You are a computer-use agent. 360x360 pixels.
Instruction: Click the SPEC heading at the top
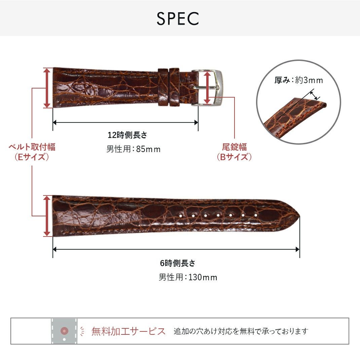(x=178, y=19)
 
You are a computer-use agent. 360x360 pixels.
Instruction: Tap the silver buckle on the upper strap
(x=207, y=88)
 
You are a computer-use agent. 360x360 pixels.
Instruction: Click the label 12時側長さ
(x=128, y=135)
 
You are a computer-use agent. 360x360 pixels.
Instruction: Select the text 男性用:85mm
(x=133, y=149)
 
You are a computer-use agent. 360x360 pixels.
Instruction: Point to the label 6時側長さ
(x=177, y=263)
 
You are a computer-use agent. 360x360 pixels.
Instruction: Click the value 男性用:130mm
(x=188, y=277)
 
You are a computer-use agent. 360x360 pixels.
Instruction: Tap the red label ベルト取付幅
(x=32, y=147)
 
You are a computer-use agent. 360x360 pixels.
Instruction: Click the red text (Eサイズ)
(x=32, y=157)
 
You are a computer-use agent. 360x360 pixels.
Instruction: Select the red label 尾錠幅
(x=235, y=147)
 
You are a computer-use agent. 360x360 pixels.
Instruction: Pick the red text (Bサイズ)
(x=235, y=157)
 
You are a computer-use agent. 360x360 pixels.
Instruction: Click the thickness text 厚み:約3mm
(x=299, y=80)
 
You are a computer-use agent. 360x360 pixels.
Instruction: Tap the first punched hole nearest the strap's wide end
(x=181, y=216)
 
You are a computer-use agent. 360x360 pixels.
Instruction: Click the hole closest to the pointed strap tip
(x=256, y=215)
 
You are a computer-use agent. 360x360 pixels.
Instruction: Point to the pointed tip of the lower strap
(x=300, y=216)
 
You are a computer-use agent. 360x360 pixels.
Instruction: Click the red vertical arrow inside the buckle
(x=207, y=88)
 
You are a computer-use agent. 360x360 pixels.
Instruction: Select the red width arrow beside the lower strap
(x=47, y=216)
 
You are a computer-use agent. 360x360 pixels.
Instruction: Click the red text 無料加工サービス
(x=128, y=331)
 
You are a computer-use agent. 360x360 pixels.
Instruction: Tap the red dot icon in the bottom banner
(x=64, y=331)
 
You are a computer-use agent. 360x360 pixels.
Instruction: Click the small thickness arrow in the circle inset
(x=315, y=95)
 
